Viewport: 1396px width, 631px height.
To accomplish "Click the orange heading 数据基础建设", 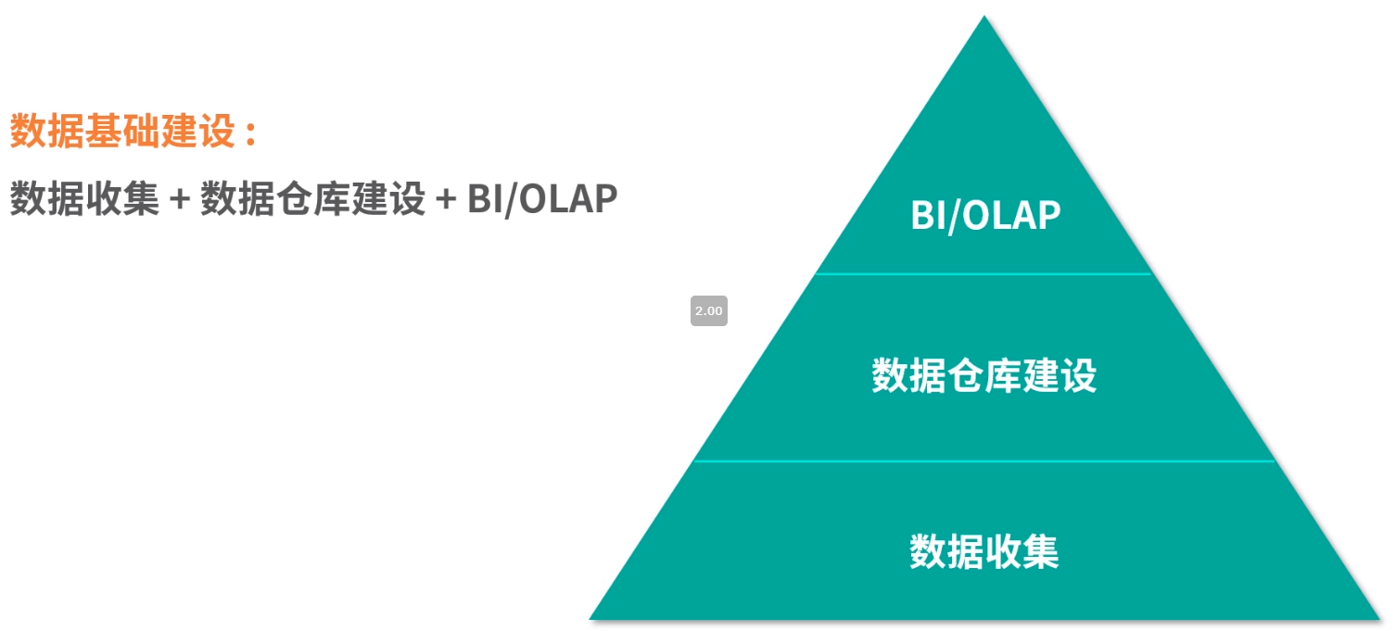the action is [122, 132].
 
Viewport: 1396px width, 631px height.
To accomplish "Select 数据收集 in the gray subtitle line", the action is [84, 198].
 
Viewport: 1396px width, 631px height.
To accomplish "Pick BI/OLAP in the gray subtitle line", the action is [542, 198].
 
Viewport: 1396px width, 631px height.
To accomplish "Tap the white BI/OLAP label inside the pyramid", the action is [984, 215].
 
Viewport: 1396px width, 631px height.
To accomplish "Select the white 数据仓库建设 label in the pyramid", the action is [984, 376].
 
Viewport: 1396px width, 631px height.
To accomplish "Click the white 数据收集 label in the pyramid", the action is [984, 551].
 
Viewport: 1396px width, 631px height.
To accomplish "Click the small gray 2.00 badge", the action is [708, 311].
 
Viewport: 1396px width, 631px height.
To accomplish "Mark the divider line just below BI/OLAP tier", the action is [984, 274].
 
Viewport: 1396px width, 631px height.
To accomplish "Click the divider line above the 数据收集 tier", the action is [984, 461].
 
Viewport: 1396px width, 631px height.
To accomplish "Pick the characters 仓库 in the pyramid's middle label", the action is [984, 376].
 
